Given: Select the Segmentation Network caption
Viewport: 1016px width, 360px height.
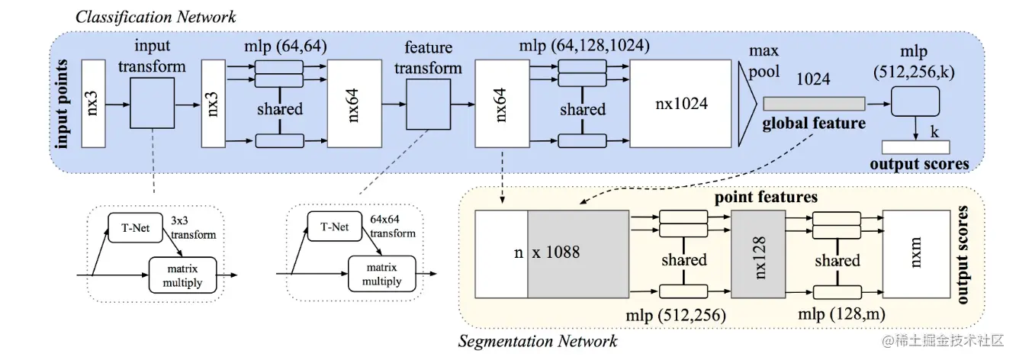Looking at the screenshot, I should pos(537,341).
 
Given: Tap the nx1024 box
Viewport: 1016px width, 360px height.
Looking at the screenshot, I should pos(680,104).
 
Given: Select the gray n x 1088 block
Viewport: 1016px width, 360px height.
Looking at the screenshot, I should pos(577,252).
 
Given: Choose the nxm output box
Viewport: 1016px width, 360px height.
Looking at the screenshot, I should pos(915,252).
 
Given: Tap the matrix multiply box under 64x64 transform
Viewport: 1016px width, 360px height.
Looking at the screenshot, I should pos(375,275).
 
